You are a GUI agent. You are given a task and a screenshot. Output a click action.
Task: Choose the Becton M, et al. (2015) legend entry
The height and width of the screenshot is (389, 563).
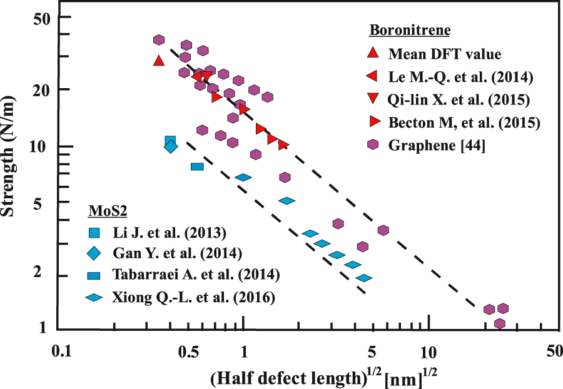pyautogui.click(x=464, y=122)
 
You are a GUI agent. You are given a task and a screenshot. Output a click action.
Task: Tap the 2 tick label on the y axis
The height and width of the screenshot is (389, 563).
pyautogui.click(x=46, y=276)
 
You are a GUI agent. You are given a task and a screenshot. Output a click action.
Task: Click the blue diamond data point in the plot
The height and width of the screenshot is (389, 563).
pyautogui.click(x=171, y=147)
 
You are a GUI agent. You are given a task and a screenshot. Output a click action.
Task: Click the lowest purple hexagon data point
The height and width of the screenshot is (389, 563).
pyautogui.click(x=500, y=323)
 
